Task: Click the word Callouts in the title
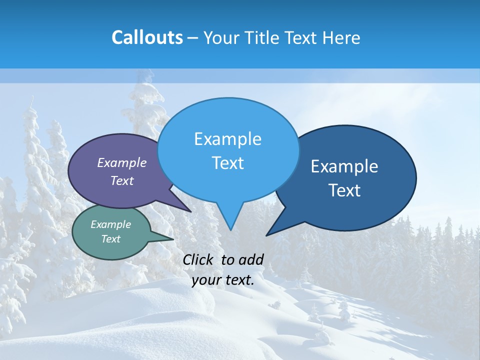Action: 147,37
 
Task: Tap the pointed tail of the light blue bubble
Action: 230,220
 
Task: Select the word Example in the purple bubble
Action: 122,162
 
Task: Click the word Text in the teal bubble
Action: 111,239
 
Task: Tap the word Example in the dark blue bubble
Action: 344,166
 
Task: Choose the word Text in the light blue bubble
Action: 228,163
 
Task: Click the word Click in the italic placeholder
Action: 198,259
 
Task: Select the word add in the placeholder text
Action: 251,259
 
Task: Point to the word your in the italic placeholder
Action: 206,280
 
